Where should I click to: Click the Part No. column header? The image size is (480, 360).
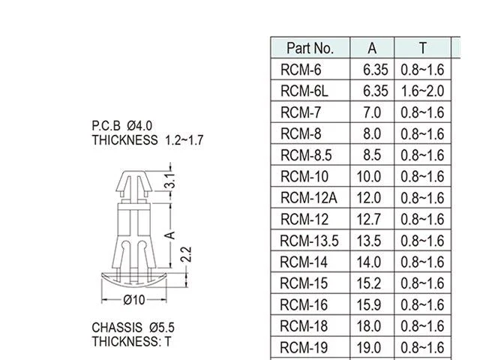click(x=310, y=48)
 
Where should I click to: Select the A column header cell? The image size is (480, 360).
click(x=372, y=48)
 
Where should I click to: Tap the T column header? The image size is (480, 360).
click(x=423, y=48)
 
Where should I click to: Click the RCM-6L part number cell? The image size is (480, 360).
click(x=304, y=91)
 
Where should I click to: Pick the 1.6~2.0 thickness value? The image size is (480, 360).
click(x=422, y=91)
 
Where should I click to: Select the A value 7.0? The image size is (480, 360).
click(x=372, y=112)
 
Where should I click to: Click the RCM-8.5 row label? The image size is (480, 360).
click(x=306, y=155)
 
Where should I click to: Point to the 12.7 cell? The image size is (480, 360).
click(x=368, y=219)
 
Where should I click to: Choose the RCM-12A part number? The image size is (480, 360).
click(x=308, y=198)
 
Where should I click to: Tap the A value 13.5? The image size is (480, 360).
click(x=368, y=241)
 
